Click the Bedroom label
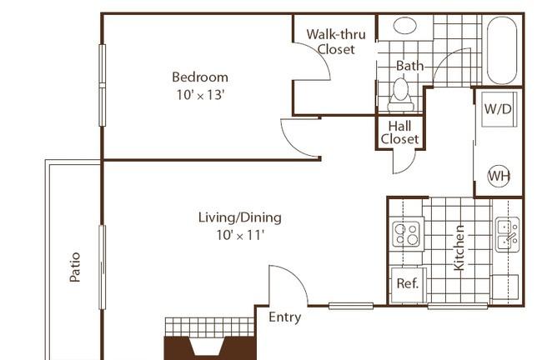200,77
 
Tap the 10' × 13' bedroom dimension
200,95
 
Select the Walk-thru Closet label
336,42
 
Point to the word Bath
409,66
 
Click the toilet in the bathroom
400,95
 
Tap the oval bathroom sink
404,25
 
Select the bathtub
502,51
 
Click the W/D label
498,109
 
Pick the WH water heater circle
499,176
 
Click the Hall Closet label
399,132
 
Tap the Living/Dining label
240,217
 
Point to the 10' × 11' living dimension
240,235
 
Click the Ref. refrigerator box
408,284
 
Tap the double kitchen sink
508,235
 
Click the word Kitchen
459,247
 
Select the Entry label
285,317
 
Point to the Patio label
75,267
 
